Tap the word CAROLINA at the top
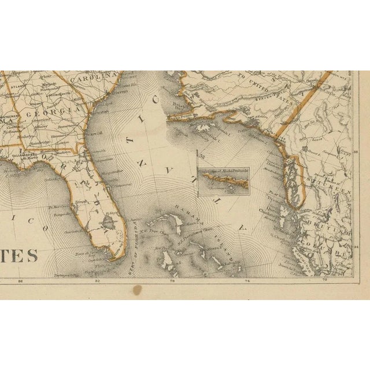pos(95,78)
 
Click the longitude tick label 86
pos(21,282)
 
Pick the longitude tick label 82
pos(97,282)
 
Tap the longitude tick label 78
pos(172,282)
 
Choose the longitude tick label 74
pos(248,282)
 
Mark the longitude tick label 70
pos(324,282)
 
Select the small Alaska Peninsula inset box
pos(223,179)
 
